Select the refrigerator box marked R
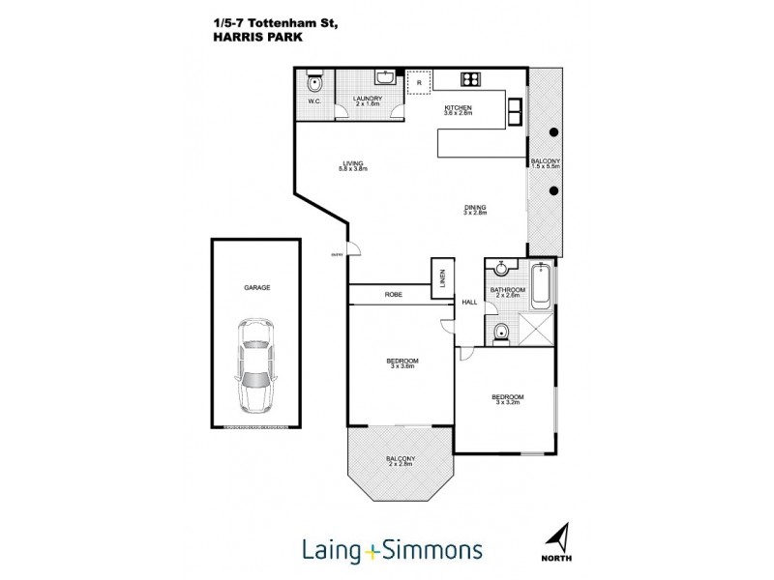pyautogui.click(x=418, y=82)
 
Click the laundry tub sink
pyautogui.click(x=385, y=77)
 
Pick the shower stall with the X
pyautogui.click(x=538, y=330)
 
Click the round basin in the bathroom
pyautogui.click(x=499, y=269)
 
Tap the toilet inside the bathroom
pyautogui.click(x=499, y=333)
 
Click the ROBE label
pyautogui.click(x=393, y=294)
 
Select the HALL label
pyautogui.click(x=470, y=303)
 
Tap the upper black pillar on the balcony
pyautogui.click(x=554, y=131)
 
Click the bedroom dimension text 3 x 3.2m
pyautogui.click(x=508, y=405)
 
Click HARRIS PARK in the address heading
pyautogui.click(x=249, y=27)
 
